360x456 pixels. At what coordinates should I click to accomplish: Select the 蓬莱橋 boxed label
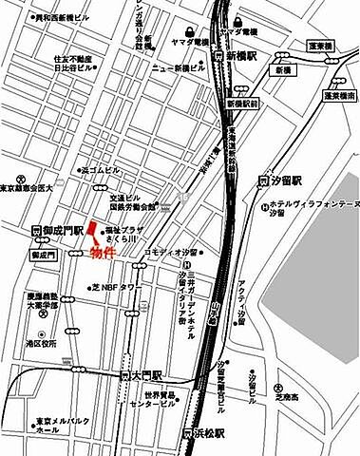click(321, 46)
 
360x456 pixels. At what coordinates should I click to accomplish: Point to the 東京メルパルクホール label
click(64, 426)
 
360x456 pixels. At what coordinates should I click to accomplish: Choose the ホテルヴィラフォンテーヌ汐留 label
click(309, 208)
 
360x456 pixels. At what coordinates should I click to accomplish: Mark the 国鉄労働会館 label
click(131, 204)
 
